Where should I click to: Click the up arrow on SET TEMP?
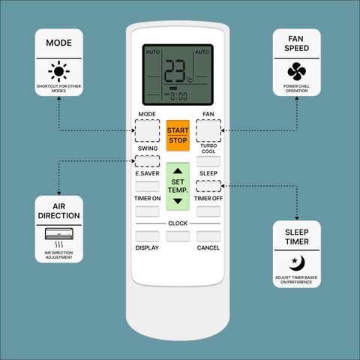coord(178,171)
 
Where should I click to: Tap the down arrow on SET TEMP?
coord(178,201)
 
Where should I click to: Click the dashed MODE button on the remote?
coord(147,130)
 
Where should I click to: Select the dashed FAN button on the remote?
coord(208,130)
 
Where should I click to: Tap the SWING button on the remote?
coord(147,161)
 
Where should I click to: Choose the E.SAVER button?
coord(147,187)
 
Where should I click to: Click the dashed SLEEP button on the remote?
coord(208,186)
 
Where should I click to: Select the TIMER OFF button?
coord(208,211)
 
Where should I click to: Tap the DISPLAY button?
coord(147,236)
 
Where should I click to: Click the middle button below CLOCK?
coord(178,236)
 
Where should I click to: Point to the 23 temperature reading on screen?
coord(175,71)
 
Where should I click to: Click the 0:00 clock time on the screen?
coord(178,97)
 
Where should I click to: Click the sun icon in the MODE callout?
coord(59,71)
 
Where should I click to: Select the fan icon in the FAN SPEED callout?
coord(297,71)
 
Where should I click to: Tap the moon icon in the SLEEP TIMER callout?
coord(298,262)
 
